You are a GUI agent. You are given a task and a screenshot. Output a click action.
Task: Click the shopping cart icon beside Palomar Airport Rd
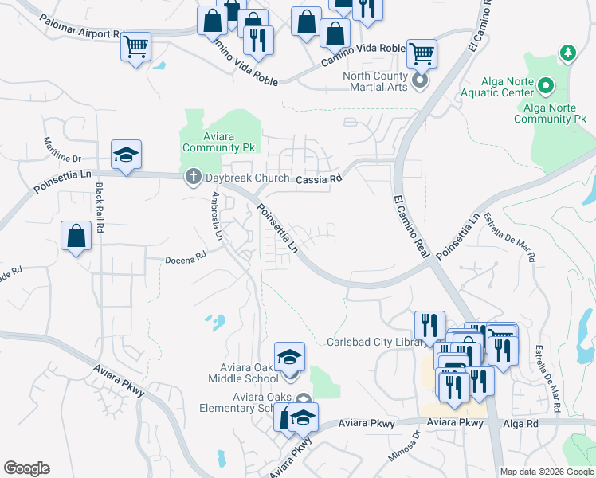pos(136,46)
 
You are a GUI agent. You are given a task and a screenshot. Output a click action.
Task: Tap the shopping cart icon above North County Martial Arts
pos(422,54)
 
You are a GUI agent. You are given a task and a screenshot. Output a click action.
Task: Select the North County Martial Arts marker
pos(420,81)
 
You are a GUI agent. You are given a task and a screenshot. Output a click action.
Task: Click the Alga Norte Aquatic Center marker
pos(546,84)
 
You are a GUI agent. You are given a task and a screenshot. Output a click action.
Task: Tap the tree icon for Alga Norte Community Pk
pos(567,53)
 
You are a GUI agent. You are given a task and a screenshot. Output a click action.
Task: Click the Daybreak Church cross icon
pos(193,176)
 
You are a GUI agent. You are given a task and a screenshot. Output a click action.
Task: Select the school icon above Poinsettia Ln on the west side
pos(126,155)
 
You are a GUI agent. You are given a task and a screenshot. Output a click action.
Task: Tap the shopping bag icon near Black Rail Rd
pos(76,236)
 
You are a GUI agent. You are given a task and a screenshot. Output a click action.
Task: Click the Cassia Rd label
pos(319,179)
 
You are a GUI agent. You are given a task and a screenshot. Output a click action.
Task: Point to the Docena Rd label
pos(186,257)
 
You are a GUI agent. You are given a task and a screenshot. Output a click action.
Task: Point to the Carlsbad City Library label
pos(373,342)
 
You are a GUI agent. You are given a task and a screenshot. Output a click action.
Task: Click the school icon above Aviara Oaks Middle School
pos(289,356)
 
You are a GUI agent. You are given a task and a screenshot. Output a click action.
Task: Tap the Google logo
pos(27,468)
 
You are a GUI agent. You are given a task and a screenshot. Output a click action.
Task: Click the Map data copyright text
pos(546,472)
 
